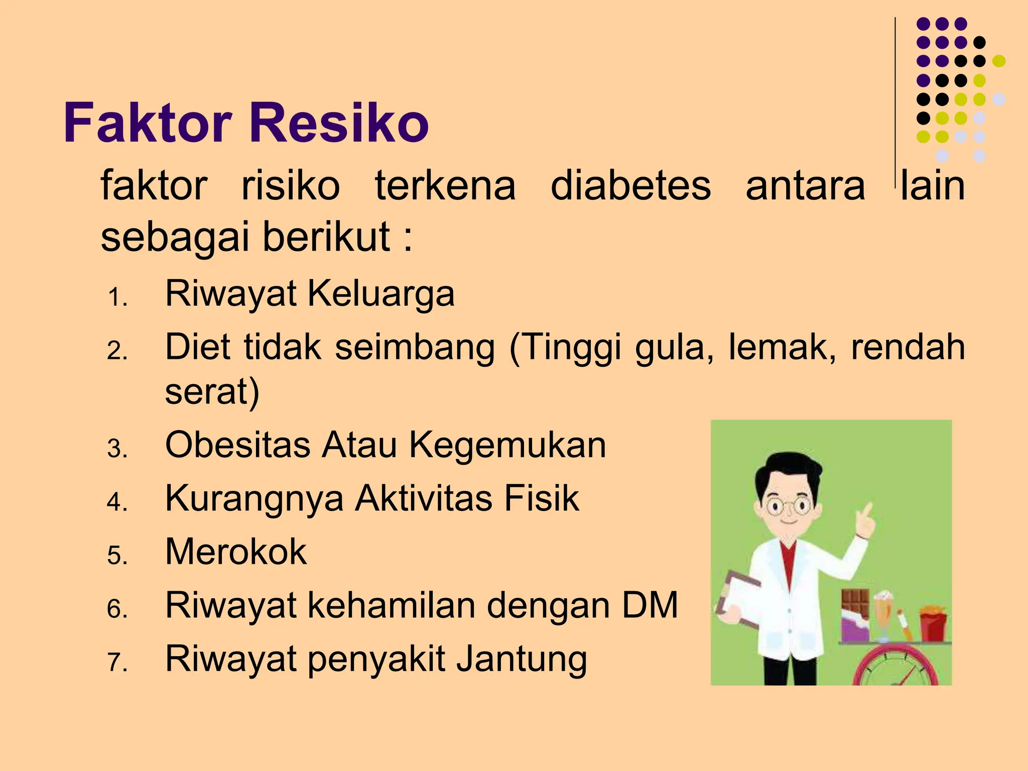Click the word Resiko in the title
339,123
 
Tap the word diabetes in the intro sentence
630,186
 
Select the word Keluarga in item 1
381,294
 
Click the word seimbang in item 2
415,347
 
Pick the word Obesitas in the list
238,445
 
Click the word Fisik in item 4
542,498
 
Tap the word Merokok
236,552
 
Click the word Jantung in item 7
522,659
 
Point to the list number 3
117,448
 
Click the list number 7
117,663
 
